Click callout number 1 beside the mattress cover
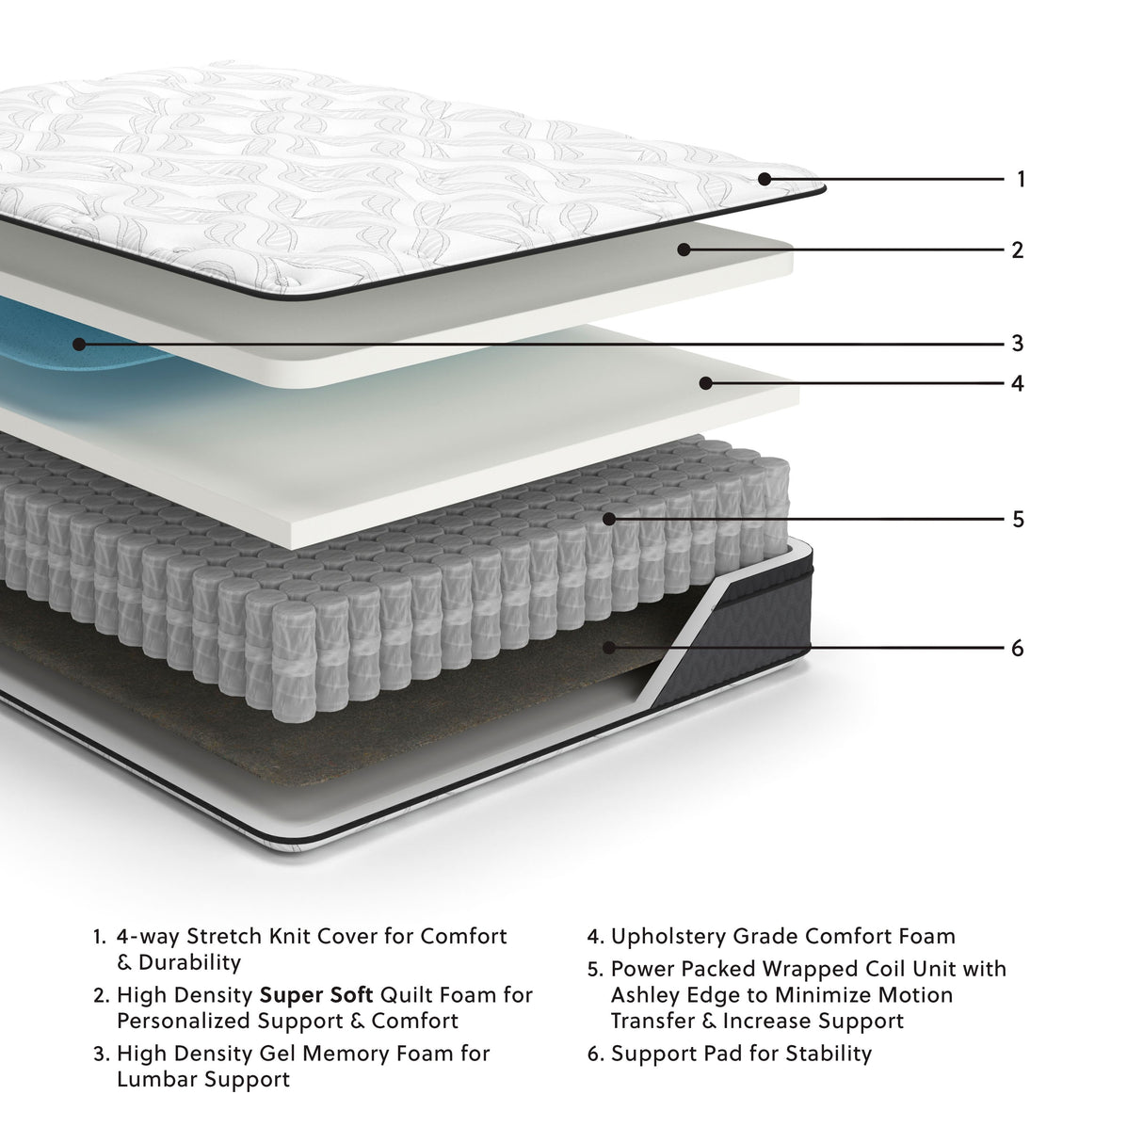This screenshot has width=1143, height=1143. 1021,179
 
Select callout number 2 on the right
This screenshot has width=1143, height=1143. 1017,250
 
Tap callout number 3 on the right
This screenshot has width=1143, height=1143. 1017,344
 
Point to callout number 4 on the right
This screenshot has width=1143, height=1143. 1017,384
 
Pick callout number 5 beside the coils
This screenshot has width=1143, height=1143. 1018,520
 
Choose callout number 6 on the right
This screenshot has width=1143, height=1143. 1017,649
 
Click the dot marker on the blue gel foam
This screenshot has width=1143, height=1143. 79,345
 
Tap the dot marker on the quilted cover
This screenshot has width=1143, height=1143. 765,178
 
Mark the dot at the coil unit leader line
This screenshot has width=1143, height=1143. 609,519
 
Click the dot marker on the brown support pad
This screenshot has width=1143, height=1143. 609,648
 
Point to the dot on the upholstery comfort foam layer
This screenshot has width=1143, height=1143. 703,383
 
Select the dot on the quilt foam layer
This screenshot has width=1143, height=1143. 684,250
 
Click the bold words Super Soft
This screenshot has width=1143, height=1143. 316,995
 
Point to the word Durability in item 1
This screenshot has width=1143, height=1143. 190,962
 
